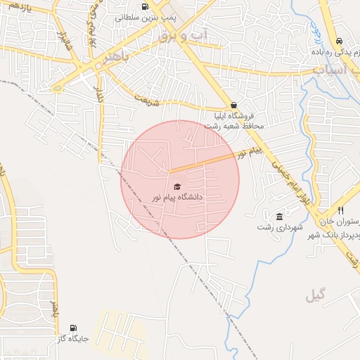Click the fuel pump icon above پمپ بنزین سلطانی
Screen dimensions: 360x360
pyautogui.click(x=145, y=6)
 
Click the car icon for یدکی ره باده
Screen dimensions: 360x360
pyautogui.click(x=340, y=41)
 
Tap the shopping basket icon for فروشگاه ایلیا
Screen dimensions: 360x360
pyautogui.click(x=233, y=105)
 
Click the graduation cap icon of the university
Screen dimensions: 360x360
pyautogui.click(x=177, y=186)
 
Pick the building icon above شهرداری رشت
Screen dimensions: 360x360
pyautogui.click(x=280, y=216)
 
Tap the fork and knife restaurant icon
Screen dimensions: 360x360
pyautogui.click(x=340, y=210)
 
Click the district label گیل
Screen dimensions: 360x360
pyautogui.click(x=316, y=296)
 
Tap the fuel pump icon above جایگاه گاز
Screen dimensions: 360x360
pyautogui.click(x=73, y=328)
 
